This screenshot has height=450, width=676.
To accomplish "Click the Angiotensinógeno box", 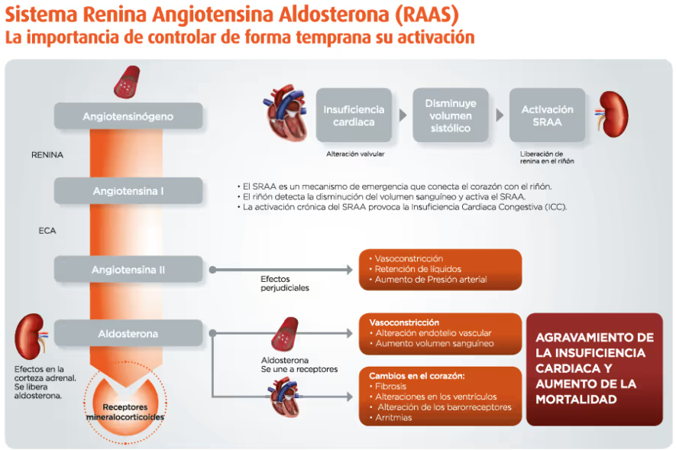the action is coord(128,116).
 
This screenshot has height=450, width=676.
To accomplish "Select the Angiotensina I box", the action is coord(128,190).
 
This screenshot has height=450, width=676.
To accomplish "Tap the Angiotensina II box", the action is coord(128,270).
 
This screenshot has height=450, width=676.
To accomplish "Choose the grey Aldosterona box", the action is coord(128,333).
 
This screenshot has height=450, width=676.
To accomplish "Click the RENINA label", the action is coord(47,155).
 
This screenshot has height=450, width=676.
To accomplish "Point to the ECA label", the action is coord(47,231).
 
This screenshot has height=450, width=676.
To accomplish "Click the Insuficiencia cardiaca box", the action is coord(354,115).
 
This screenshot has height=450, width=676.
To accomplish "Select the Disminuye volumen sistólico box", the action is coord(451,115).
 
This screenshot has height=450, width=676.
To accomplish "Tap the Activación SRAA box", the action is coord(547,115).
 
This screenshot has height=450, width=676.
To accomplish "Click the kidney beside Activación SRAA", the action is coord(612,114).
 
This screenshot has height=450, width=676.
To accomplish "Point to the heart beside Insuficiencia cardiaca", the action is coord(286,113).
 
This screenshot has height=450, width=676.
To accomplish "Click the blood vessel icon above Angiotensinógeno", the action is coord(127,82).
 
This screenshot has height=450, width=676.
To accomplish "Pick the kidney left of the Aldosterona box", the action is coord(31,337).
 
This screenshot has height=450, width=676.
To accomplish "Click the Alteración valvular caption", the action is coord(355,154).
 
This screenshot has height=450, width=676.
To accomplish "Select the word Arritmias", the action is coord(393,417).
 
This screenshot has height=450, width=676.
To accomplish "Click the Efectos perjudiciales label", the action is coord(285,283).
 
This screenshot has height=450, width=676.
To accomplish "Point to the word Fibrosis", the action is coord(390,387).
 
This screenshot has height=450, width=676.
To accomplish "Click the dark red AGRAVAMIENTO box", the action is coord(594,369).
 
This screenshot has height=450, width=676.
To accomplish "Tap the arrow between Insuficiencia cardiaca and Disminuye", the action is coord(403,115).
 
